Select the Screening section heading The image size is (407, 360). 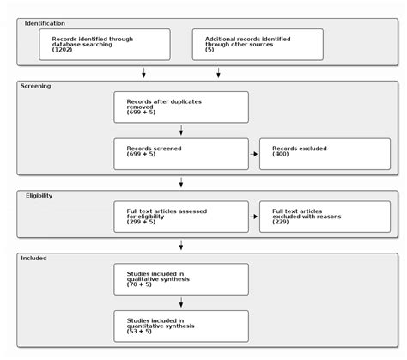(x=35, y=86)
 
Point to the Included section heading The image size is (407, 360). (x=33, y=257)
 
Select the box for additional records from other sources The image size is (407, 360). (x=258, y=45)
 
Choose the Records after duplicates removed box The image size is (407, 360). (x=181, y=107)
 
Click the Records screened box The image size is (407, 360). (x=181, y=154)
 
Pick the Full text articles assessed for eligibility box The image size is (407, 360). (x=181, y=216)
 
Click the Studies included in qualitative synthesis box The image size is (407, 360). (x=181, y=278)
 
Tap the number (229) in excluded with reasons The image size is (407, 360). (x=281, y=222)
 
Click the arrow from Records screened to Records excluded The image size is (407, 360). (x=253, y=154)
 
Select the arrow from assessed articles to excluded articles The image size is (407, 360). (x=253, y=217)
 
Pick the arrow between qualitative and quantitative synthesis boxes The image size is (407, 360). (x=181, y=302)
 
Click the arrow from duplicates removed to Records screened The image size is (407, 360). (x=181, y=131)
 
